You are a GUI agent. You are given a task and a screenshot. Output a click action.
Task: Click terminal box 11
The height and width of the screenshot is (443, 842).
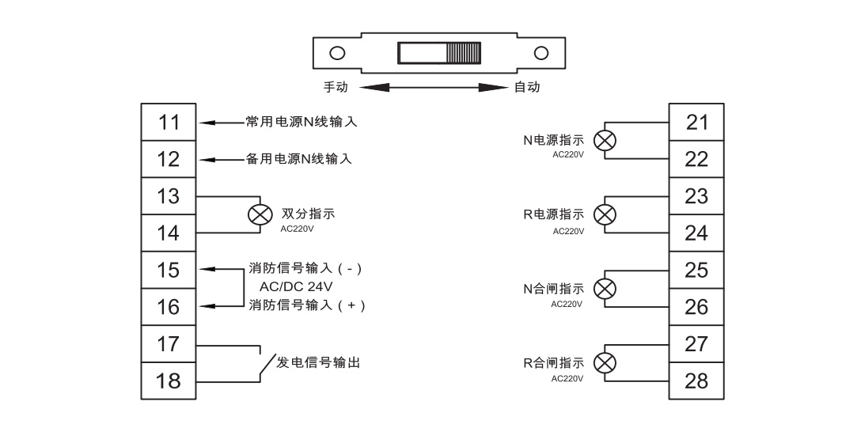tap(169, 123)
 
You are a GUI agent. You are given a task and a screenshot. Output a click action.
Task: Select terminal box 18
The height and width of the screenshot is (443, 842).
tap(169, 381)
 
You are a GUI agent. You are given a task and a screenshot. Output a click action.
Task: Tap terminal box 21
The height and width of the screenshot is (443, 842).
tap(696, 123)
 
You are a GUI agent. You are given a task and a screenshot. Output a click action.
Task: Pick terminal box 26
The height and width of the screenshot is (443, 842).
tap(696, 307)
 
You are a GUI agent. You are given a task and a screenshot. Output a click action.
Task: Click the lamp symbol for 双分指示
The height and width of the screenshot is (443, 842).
tap(256, 214)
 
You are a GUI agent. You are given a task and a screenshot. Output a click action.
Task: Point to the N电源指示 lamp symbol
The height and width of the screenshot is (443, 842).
tap(605, 141)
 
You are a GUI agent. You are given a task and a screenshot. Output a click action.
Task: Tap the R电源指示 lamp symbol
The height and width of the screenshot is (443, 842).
tap(605, 214)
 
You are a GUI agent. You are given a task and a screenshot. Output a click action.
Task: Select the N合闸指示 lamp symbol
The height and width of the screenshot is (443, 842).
tap(605, 289)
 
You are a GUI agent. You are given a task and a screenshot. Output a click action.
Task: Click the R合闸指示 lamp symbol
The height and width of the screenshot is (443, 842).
tap(605, 363)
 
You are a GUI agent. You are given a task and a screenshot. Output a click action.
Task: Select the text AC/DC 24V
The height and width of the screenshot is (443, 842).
tap(294, 286)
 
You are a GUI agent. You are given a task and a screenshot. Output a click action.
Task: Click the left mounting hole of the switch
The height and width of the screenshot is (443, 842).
tap(337, 54)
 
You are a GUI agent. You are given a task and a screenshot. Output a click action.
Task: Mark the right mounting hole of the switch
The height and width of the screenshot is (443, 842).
tap(541, 54)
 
